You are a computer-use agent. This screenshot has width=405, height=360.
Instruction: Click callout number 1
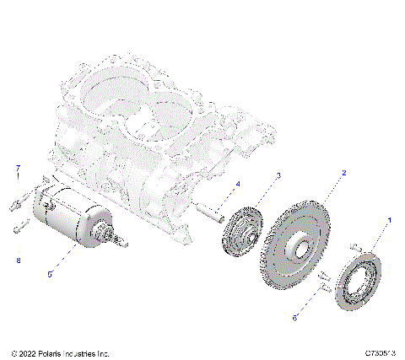point(389,219)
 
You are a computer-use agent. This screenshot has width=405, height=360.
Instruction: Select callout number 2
point(343,172)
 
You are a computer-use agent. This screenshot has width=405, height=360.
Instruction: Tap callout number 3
point(279,175)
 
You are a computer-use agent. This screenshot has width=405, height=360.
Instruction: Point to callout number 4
point(237,184)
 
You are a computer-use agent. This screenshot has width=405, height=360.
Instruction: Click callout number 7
point(16,169)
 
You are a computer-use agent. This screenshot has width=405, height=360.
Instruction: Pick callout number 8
point(18,261)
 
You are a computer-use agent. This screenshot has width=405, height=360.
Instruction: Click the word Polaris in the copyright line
point(52,352)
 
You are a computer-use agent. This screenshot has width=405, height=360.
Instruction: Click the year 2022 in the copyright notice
point(26,352)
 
